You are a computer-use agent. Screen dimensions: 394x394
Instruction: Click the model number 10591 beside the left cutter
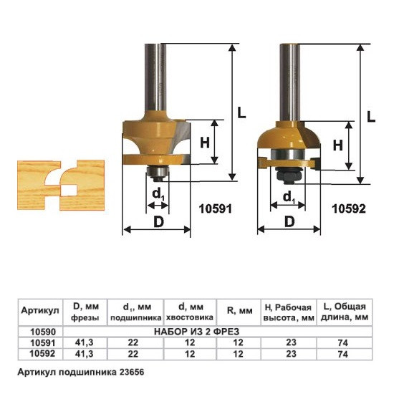click(216, 208)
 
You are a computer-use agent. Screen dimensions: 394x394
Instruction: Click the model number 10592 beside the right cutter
click(349, 208)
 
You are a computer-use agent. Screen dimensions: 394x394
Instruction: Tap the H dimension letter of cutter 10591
click(205, 143)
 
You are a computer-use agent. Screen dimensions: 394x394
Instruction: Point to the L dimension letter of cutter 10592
click(371, 117)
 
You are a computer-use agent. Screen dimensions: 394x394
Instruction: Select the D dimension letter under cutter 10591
click(158, 221)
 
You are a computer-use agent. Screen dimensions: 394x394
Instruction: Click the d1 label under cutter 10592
click(289, 198)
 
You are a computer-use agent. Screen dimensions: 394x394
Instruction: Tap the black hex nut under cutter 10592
click(289, 176)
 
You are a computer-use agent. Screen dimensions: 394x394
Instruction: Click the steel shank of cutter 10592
click(290, 82)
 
